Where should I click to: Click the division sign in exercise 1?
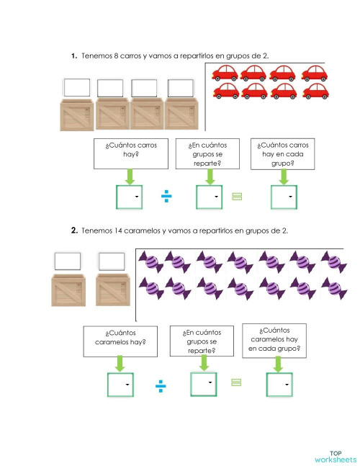tap(166, 197)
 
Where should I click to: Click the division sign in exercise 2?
tap(160, 387)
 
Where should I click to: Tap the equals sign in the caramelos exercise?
tap(237, 385)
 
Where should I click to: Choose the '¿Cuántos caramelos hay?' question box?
tap(120, 338)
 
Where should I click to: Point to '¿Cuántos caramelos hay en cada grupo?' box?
tap(274, 339)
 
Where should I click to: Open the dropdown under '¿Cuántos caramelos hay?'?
tap(121, 385)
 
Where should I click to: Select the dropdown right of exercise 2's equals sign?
tap(281, 385)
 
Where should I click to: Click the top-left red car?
tap(226, 72)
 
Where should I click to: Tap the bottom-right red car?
tap(315, 91)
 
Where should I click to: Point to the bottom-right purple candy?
tap(330, 289)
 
